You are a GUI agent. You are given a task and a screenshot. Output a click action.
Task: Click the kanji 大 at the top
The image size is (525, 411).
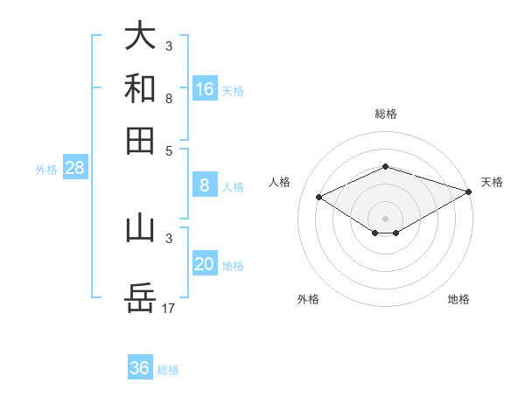tap(140, 35)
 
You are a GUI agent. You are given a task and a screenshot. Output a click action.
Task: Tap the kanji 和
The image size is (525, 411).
tap(140, 87)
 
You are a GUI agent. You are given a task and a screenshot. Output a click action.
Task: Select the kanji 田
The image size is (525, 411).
tap(140, 140)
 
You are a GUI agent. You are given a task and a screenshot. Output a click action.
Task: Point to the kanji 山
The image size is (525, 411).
tap(140, 227)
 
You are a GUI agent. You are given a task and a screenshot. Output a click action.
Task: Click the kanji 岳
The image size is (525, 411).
tap(140, 298)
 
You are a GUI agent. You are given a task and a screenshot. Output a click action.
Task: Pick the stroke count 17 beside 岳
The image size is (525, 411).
tap(170, 308)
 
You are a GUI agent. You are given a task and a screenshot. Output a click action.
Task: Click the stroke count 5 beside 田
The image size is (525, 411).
tap(169, 150)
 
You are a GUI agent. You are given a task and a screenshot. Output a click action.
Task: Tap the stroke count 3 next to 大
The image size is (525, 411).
tap(169, 45)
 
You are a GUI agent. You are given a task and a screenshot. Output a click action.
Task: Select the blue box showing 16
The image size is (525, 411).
tap(205, 88)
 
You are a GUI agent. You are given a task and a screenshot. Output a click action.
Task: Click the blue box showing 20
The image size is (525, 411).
tap(205, 265)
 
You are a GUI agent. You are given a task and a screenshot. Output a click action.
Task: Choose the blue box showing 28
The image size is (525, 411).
tap(74, 169)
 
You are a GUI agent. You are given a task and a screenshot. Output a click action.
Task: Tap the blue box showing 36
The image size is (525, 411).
tap(140, 368)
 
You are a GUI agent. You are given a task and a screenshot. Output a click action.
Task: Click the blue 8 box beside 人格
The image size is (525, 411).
tap(205, 185)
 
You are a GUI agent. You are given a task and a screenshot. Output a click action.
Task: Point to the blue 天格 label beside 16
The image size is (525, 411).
tap(233, 90)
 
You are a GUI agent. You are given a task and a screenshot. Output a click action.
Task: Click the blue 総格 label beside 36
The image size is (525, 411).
tap(168, 370)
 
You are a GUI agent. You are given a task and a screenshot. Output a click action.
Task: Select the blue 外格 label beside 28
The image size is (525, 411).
tap(45, 170)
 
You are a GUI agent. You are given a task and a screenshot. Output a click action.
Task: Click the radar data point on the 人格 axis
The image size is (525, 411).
tap(319, 198)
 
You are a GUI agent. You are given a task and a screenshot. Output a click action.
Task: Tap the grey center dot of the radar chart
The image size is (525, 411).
tap(385, 218)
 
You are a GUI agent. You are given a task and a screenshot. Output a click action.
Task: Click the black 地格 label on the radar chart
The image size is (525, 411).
tap(458, 300)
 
